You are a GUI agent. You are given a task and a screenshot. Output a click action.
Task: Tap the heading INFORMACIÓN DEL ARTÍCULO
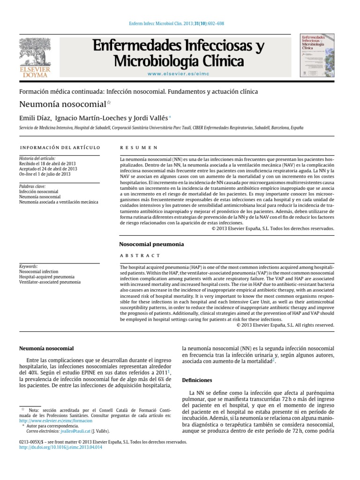coord(60,147)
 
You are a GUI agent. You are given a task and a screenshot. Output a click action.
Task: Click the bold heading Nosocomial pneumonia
coord(151,244)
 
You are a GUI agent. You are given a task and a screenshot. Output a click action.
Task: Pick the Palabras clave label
coord(32,186)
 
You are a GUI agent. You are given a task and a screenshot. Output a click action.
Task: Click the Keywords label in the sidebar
coord(28,266)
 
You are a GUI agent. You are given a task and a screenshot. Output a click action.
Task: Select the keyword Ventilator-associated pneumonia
coord(50,283)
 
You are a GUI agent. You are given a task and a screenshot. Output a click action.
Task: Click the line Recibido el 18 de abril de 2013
coord(47,164)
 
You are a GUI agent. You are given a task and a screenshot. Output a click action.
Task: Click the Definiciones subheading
coord(197,380)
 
